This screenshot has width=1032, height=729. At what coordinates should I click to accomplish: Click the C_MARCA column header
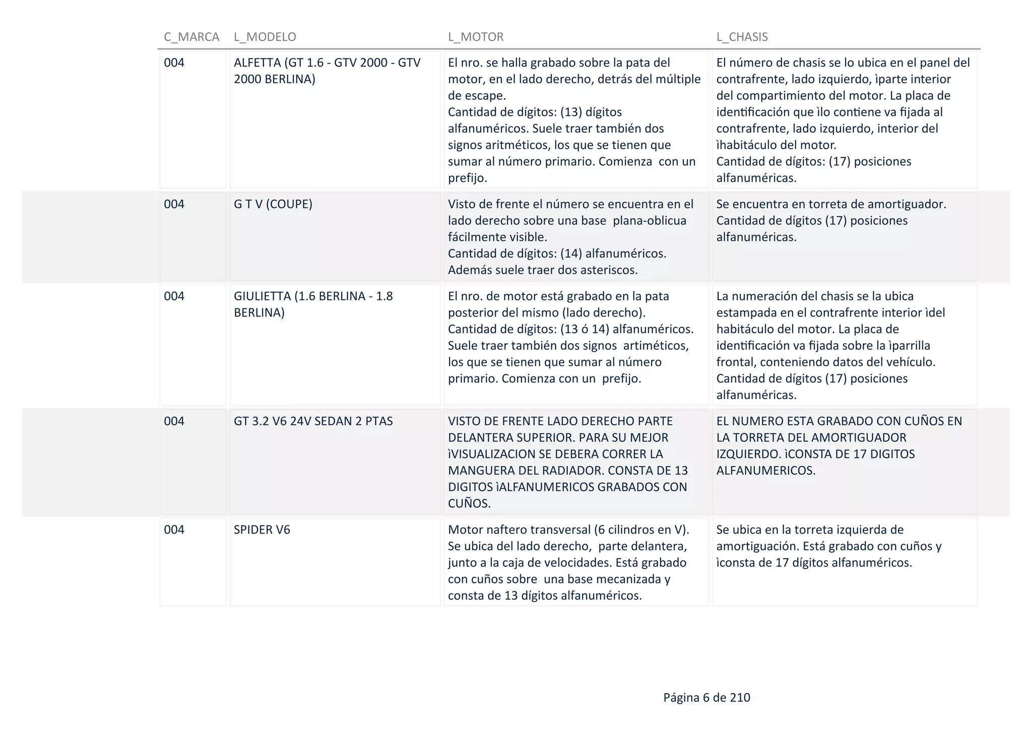(191, 37)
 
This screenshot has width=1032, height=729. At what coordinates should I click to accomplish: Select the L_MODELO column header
(265, 37)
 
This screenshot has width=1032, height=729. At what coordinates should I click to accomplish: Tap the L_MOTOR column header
(476, 37)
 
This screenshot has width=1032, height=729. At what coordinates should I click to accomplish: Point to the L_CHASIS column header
(742, 37)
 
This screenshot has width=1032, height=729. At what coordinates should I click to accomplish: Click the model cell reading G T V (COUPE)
(273, 204)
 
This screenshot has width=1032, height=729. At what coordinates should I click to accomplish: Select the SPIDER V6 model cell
(262, 529)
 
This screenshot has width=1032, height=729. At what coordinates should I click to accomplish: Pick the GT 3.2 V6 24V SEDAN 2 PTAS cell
(313, 421)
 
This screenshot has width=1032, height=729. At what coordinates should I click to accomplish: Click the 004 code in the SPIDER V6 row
(174, 529)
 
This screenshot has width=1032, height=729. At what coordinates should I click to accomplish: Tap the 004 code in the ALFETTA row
(174, 62)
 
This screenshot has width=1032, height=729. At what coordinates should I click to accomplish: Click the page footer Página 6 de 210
(706, 697)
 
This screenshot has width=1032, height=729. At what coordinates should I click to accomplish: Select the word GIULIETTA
(262, 296)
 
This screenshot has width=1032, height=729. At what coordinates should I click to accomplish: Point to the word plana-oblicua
(650, 221)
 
